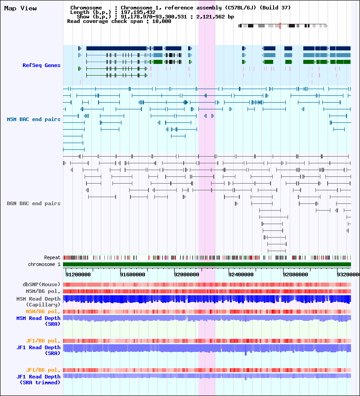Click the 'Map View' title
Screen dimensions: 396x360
click(21, 9)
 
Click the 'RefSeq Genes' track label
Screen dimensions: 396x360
click(41, 66)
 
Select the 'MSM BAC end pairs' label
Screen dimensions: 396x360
click(34, 119)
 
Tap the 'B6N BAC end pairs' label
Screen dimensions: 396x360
click(34, 203)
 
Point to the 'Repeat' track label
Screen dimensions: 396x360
click(52, 257)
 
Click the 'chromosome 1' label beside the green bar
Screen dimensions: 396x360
click(44, 264)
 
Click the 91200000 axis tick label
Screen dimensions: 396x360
click(78, 274)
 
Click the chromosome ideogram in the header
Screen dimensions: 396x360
click(283, 26)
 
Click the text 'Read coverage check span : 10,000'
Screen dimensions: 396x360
click(119, 21)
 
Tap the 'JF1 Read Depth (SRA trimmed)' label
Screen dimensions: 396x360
click(38, 379)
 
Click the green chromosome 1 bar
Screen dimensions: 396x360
click(207, 265)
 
